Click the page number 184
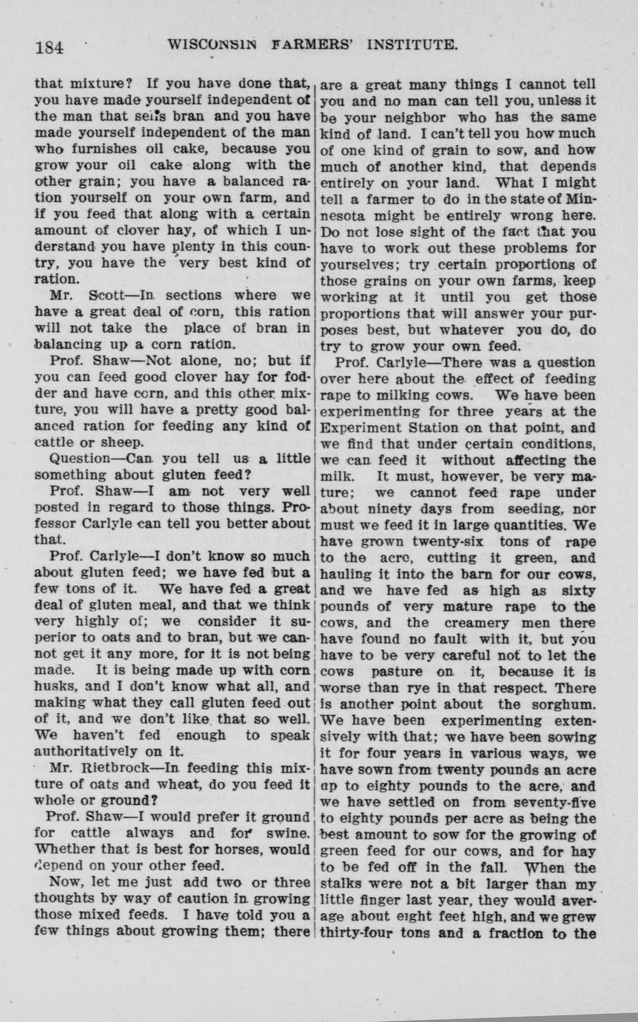point(50,47)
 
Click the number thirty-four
point(360,933)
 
